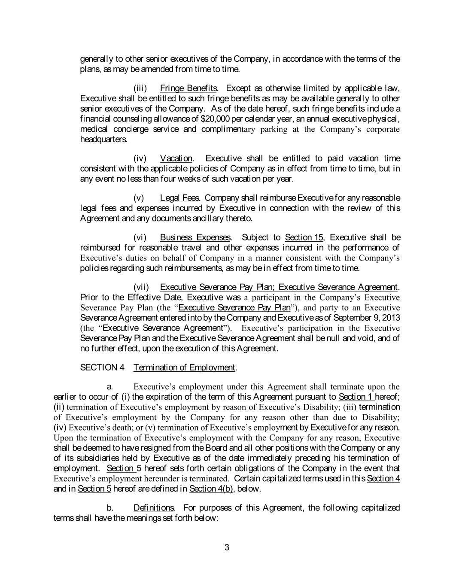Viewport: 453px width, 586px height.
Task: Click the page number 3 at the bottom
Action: point(227,547)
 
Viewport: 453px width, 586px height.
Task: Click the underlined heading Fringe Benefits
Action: point(188,88)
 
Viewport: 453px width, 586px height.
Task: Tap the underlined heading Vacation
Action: point(176,159)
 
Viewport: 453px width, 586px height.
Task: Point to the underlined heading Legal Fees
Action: point(179,198)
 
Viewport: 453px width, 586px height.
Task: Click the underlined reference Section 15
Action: point(304,238)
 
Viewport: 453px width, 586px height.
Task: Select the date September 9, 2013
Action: point(369,318)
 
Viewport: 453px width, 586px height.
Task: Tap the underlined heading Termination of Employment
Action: point(185,368)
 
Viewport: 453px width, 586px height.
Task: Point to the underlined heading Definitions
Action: point(153,508)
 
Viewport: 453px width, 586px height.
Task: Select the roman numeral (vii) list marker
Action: point(141,287)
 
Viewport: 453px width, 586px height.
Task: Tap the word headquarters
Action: point(103,140)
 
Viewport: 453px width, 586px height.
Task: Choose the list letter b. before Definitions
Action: point(110,508)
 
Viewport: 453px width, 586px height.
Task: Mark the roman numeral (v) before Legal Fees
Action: point(139,198)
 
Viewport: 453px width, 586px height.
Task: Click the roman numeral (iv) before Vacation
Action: point(140,159)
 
